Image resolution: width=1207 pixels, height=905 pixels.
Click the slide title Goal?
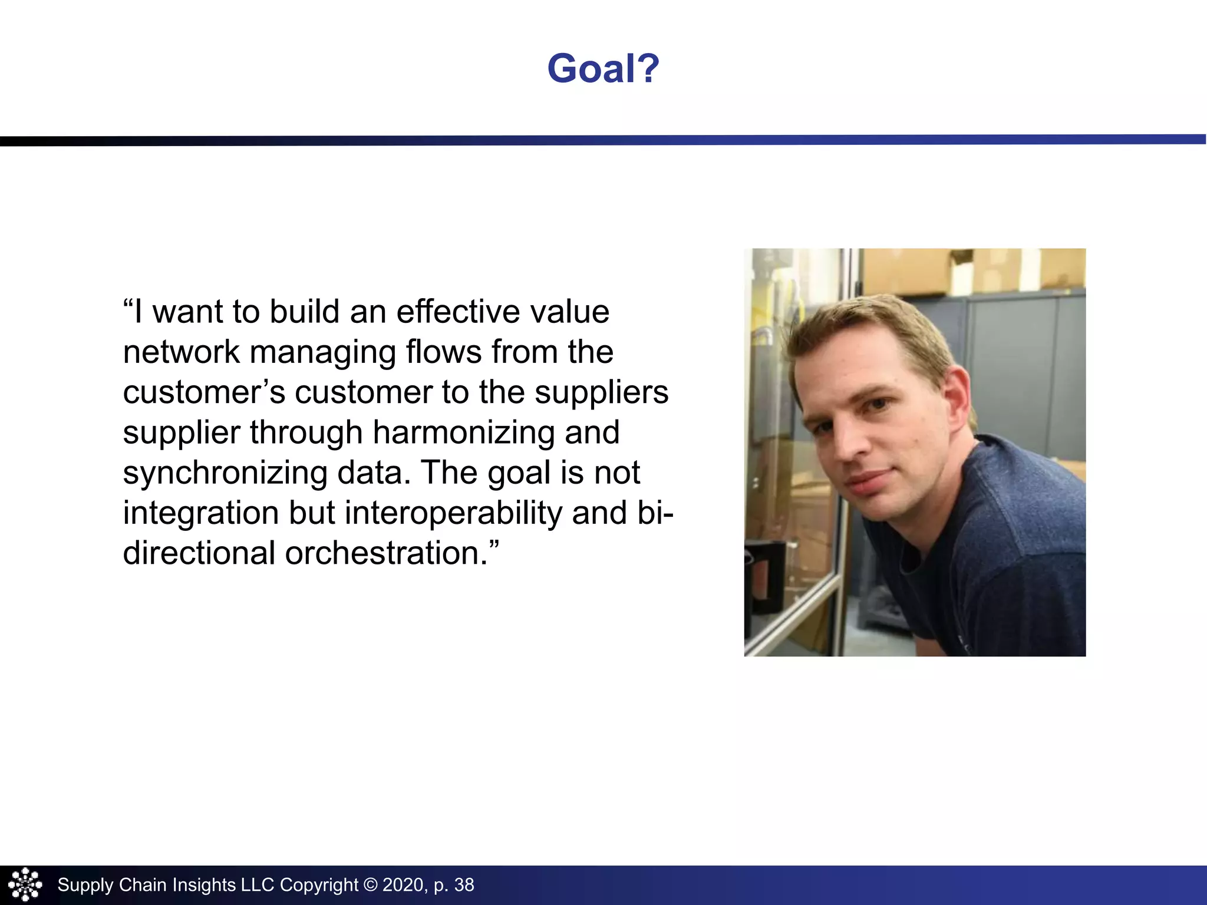click(x=603, y=68)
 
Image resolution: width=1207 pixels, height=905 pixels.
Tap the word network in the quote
click(x=181, y=352)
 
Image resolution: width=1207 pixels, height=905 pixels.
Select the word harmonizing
click(x=463, y=432)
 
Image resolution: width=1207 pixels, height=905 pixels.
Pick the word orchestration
click(x=386, y=553)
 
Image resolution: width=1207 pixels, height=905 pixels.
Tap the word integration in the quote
click(x=200, y=513)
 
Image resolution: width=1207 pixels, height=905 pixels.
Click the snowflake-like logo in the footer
click(x=25, y=884)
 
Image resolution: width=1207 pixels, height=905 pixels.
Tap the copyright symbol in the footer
click(x=370, y=885)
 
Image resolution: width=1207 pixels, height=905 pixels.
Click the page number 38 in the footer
click(x=464, y=885)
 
